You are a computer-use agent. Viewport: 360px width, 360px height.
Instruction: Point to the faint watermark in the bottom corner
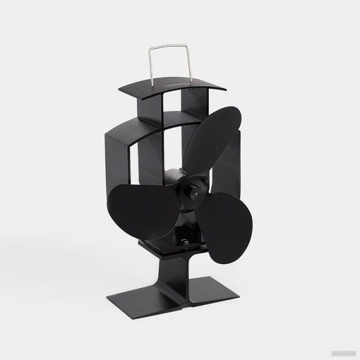[342, 354]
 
